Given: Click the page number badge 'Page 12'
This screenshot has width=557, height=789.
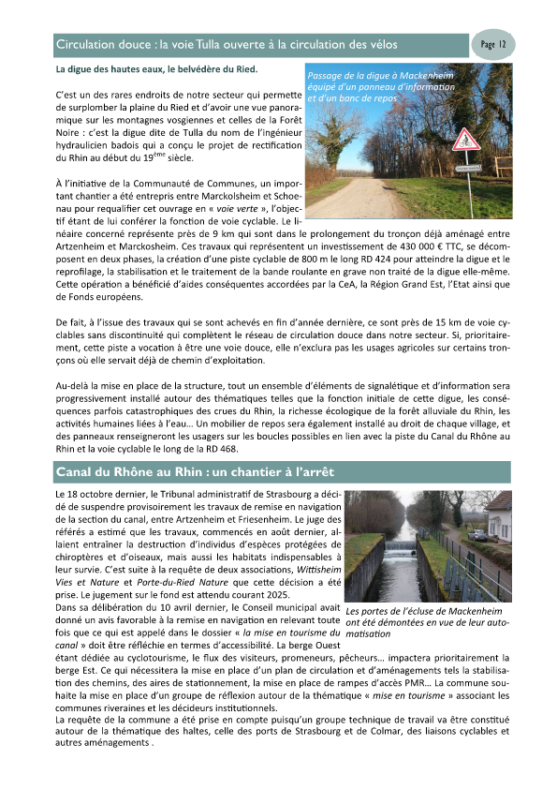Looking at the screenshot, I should point(493,44).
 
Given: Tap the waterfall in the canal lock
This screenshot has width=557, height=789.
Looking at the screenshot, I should point(405,545).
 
